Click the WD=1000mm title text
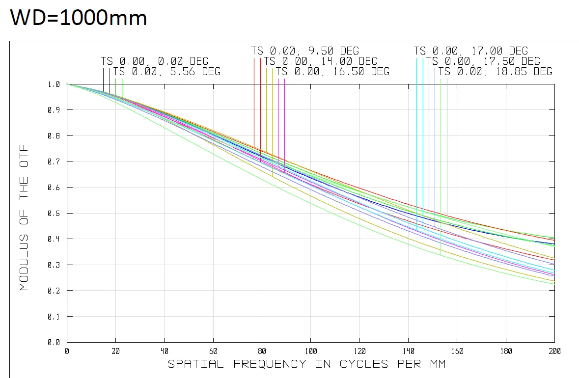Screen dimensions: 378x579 pyautogui.click(x=79, y=18)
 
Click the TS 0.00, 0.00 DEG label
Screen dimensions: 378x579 pyautogui.click(x=155, y=61)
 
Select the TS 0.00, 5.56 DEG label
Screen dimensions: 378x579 pyautogui.click(x=167, y=72)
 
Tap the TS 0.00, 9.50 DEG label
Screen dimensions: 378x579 pyautogui.click(x=305, y=51)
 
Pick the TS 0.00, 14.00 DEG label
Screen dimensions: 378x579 pyautogui.click(x=321, y=61)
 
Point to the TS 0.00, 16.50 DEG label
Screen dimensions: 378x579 pyautogui.click(x=332, y=72)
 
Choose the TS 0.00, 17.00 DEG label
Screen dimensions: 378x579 pyautogui.click(x=471, y=51)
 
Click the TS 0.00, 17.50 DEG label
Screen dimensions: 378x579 pyautogui.click(x=483, y=61)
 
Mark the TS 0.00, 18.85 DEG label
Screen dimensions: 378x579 pyautogui.click(x=495, y=72)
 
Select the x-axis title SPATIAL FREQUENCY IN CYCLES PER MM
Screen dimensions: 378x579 pyautogui.click(x=307, y=364)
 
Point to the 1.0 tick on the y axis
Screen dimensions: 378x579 pyautogui.click(x=54, y=84)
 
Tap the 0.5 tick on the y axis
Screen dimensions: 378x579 pyautogui.click(x=54, y=214)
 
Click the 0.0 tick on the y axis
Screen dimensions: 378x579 pyautogui.click(x=54, y=343)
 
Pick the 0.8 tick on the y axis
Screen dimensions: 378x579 pyautogui.click(x=54, y=136)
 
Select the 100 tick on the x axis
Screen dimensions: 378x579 pyautogui.click(x=310, y=351)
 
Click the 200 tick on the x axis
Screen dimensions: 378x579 pyautogui.click(x=554, y=351)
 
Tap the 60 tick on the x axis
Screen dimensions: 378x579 pyautogui.click(x=213, y=351)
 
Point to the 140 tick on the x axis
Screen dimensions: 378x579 pyautogui.click(x=408, y=351)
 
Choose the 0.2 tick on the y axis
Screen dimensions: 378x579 pyautogui.click(x=54, y=291)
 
